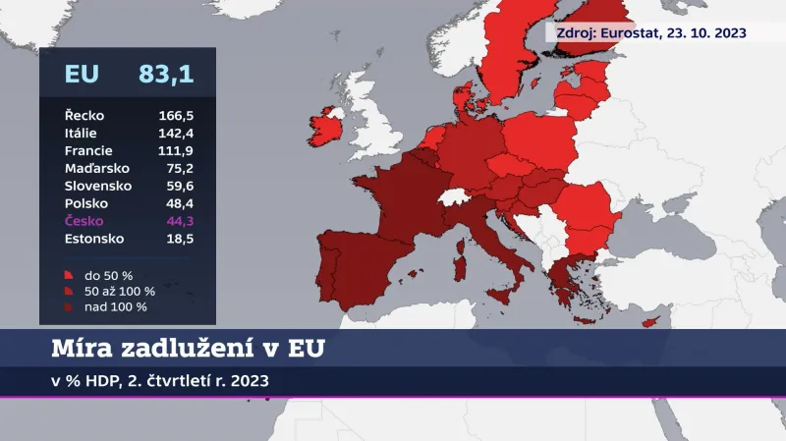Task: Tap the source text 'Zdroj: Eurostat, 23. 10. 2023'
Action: coord(651,32)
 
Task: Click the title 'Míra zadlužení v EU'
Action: coord(187,349)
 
